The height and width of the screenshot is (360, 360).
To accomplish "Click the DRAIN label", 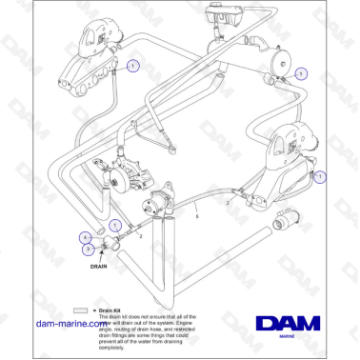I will pos(98,268).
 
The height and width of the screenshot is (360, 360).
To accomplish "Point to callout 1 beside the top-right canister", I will pos(303,72).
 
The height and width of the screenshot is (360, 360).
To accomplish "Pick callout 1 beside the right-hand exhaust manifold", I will pos(320,176).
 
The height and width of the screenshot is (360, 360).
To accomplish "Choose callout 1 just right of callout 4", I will pos(113,225).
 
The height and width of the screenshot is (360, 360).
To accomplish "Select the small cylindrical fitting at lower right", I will pos(284,222).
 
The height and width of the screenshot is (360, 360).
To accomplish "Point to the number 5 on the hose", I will pos(196,217).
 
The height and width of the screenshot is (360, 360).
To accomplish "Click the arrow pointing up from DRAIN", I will pos(98,257).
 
